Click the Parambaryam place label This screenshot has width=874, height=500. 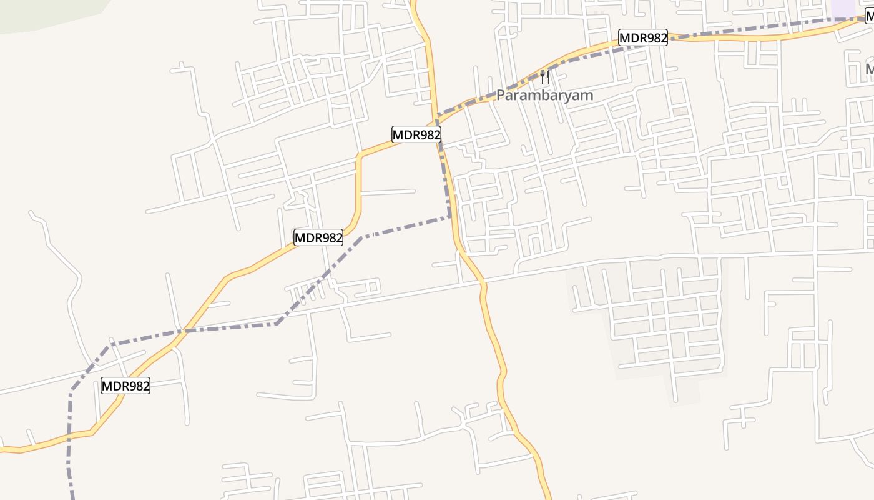(x=544, y=96)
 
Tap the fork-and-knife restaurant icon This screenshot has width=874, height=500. (x=545, y=77)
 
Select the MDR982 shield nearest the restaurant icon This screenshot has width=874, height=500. (x=643, y=38)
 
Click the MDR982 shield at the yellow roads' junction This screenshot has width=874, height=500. (x=416, y=134)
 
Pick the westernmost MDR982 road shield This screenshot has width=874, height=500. (x=125, y=386)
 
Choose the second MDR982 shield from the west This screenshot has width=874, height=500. (x=318, y=237)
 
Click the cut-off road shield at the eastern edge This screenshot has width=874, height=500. (x=869, y=17)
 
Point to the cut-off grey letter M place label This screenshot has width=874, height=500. (x=870, y=69)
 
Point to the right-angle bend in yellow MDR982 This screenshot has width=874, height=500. (x=360, y=154)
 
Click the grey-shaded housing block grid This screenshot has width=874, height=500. (x=655, y=319)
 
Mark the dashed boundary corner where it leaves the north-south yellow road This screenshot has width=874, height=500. (x=449, y=217)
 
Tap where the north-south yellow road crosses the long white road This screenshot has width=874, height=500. (x=483, y=283)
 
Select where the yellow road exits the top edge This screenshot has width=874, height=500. (x=413, y=2)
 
